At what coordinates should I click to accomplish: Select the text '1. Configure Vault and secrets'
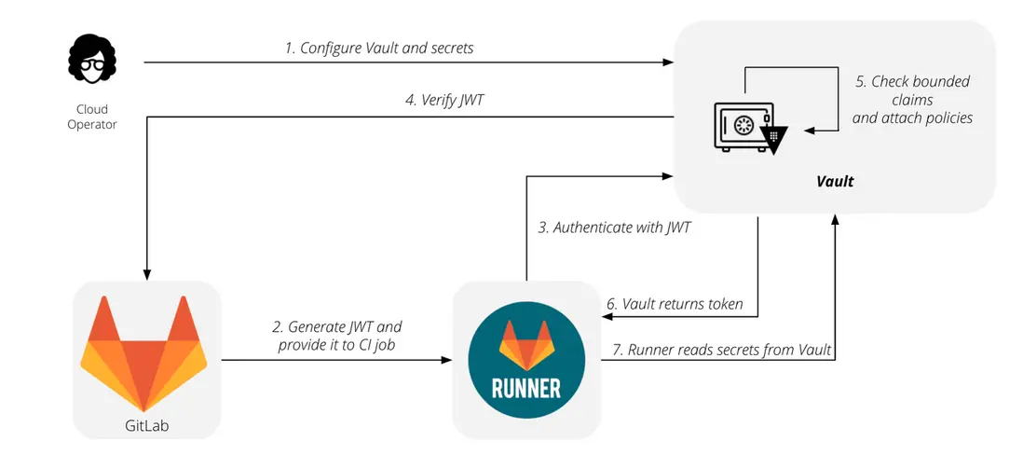click(379, 48)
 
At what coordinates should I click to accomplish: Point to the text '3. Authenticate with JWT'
click(615, 227)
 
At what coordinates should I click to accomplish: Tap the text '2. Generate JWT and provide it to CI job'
click(336, 337)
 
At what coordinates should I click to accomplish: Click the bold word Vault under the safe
click(836, 182)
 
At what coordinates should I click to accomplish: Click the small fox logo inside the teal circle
click(525, 343)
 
